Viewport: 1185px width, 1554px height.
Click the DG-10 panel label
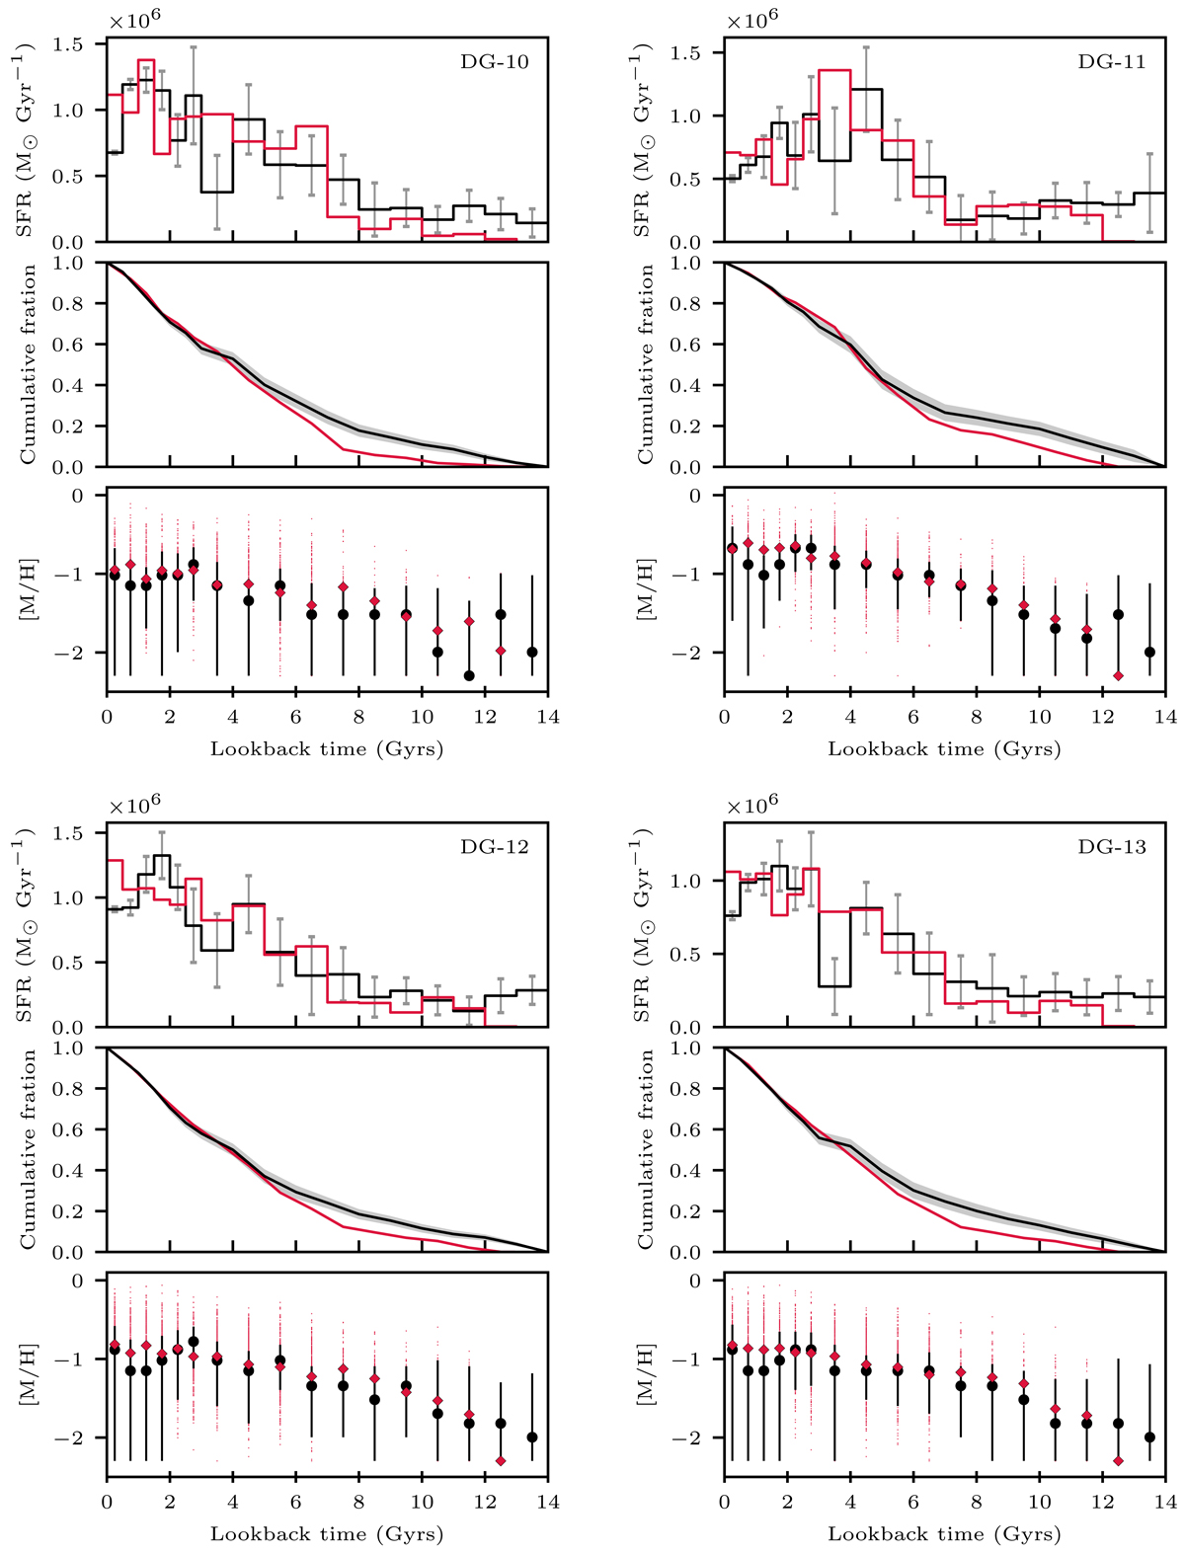[495, 62]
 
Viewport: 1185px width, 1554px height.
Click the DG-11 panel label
[1112, 62]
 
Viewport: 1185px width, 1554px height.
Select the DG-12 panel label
[495, 847]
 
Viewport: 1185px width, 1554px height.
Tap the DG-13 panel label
[1112, 847]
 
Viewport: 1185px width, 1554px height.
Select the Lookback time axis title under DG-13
[944, 1534]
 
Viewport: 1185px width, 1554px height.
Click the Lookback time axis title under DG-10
[327, 749]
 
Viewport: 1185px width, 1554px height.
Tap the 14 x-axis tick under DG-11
[1165, 718]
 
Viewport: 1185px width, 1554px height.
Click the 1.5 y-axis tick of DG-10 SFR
[80, 44]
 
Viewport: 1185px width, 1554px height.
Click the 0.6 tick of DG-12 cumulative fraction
[80, 1129]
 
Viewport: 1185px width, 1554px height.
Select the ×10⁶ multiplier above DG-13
[752, 805]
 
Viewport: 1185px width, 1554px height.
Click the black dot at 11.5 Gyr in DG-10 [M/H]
[469, 675]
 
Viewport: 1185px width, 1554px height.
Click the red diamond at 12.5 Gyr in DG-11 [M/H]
[1118, 675]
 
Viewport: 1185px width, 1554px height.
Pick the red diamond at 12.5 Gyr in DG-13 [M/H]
[1118, 1460]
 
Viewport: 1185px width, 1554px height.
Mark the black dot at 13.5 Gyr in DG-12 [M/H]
[532, 1437]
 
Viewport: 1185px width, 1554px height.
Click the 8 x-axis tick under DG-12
[358, 1503]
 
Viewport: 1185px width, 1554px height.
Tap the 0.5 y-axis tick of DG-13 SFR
[697, 955]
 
